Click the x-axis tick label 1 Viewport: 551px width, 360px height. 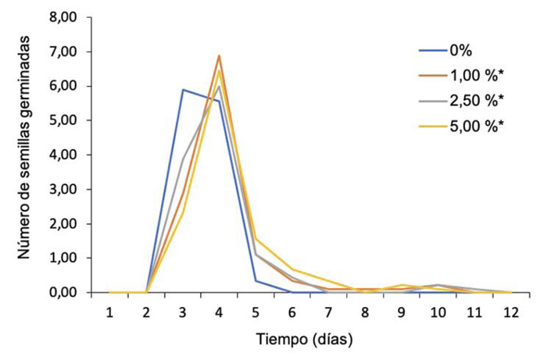pyautogui.click(x=110, y=312)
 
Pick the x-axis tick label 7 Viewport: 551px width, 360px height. pyautogui.click(x=328, y=312)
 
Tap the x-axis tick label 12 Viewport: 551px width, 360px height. pyautogui.click(x=510, y=312)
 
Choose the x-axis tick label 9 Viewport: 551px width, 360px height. pyautogui.click(x=401, y=312)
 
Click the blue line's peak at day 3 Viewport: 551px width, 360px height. pyautogui.click(x=183, y=89)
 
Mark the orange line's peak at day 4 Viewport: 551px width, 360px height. pyautogui.click(x=220, y=55)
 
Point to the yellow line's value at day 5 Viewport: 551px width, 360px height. pyautogui.click(x=256, y=239)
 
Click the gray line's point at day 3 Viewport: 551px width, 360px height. pyautogui.click(x=183, y=159)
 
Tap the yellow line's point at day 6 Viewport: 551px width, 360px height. pyautogui.click(x=292, y=269)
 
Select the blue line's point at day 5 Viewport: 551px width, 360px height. pyautogui.click(x=256, y=281)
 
